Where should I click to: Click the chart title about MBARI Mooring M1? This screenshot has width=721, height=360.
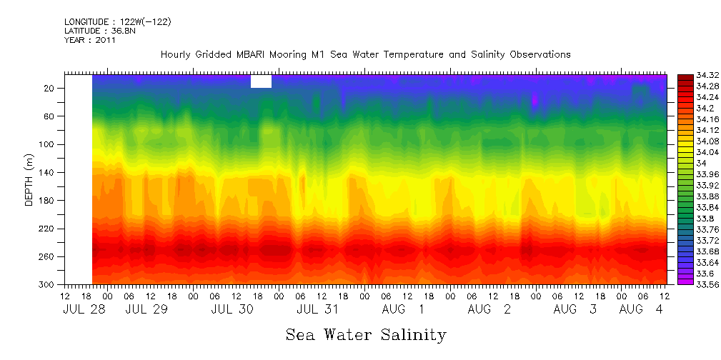365,54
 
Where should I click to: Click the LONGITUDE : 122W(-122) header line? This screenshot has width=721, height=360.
118,22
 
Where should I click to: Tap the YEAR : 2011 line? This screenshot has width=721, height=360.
89,40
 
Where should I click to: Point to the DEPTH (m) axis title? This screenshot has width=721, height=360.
29,179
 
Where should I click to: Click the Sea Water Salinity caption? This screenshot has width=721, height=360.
366,334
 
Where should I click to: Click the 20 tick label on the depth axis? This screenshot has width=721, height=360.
50,88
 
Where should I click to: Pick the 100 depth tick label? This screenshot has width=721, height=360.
48,144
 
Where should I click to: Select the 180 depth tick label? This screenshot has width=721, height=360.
48,201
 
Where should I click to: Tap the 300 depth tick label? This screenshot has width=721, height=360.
48,285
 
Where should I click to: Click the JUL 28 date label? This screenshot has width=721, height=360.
79,310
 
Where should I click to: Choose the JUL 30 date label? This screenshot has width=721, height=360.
233,310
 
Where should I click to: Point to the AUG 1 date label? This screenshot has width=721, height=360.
402,310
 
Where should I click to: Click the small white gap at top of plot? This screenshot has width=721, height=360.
261,81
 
